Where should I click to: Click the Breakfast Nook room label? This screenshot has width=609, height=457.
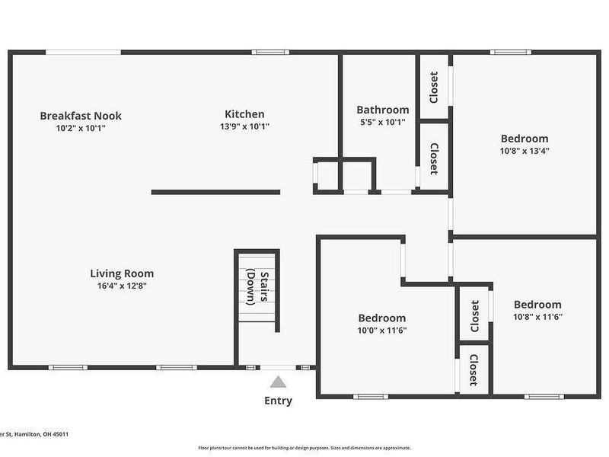tap(81, 116)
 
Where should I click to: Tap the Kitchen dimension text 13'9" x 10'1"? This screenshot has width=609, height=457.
tap(244, 126)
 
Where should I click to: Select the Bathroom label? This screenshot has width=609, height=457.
tap(383, 110)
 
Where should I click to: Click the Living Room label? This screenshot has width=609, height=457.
tap(122, 273)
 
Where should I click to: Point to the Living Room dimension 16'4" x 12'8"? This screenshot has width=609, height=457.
tap(122, 286)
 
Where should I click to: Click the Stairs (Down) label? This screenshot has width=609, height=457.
tap(257, 287)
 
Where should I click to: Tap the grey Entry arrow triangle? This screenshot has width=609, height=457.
tap(279, 382)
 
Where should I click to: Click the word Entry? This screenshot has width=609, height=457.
tap(278, 401)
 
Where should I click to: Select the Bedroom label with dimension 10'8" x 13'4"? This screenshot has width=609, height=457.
tap(525, 139)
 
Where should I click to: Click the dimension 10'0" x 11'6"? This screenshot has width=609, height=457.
tap(382, 330)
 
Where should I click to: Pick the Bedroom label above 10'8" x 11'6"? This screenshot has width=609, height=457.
tap(537, 305)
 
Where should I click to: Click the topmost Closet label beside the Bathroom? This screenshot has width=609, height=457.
tap(434, 87)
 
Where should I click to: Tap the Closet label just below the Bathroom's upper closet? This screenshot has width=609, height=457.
tap(434, 158)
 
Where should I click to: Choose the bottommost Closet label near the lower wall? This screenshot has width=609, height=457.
tap(473, 369)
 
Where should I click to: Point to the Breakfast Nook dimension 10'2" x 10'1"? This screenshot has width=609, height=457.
tap(81, 128)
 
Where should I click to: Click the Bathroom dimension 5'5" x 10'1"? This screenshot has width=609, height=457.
tap(383, 122)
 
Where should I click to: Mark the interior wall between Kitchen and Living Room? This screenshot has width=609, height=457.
tap(215, 192)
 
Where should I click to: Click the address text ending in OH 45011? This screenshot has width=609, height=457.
tap(34, 434)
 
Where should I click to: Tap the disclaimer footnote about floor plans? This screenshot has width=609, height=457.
tap(304, 448)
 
